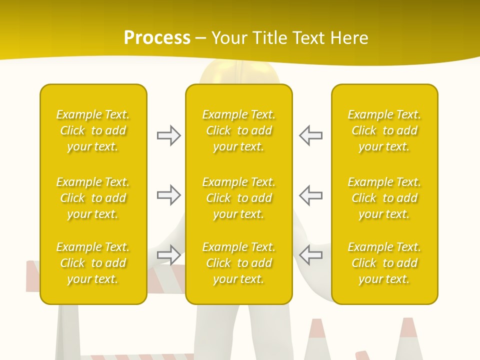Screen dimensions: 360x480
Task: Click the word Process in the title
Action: pos(157,38)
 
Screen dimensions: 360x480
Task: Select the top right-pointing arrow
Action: pos(168,135)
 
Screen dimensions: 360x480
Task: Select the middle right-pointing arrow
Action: pos(168,195)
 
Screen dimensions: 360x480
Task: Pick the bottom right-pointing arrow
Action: pos(168,254)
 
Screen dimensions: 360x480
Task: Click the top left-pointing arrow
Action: pos(310,135)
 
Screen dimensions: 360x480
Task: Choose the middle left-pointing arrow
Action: pos(310,195)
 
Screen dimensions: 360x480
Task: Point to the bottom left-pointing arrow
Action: pos(310,254)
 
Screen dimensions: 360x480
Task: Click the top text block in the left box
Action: pos(93,130)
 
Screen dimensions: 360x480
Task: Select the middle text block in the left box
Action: pos(93,198)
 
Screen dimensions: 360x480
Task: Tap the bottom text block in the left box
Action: pos(93,263)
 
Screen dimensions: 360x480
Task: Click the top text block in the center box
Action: pos(239,130)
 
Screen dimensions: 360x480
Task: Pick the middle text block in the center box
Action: pos(239,198)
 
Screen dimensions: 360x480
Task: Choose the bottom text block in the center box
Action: pos(239,263)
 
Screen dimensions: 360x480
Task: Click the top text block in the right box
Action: pos(384,130)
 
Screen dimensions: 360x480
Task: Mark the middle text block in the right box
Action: pos(384,198)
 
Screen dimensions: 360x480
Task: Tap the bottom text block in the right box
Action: pos(384,263)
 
